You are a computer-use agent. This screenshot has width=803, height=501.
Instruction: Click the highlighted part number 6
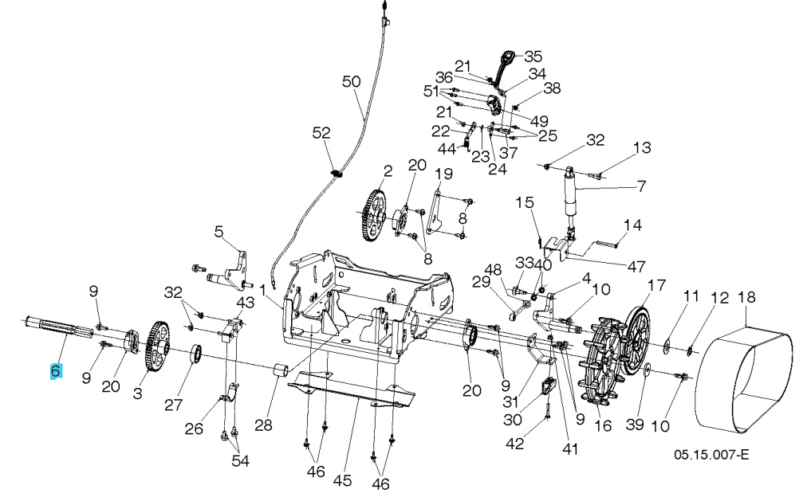pos(55,370)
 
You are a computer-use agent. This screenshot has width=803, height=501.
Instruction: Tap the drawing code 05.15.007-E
pos(711,454)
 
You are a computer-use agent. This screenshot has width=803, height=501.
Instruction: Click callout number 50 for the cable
pos(352,81)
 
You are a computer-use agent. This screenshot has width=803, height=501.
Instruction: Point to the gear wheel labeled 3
pos(157,346)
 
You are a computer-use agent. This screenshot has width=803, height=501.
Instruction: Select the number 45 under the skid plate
pos(342,480)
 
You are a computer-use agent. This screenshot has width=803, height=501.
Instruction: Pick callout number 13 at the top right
pos(642,147)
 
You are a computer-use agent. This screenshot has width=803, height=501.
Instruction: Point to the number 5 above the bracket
pos(219,232)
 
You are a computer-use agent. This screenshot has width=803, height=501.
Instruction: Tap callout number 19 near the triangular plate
pos(443,174)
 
